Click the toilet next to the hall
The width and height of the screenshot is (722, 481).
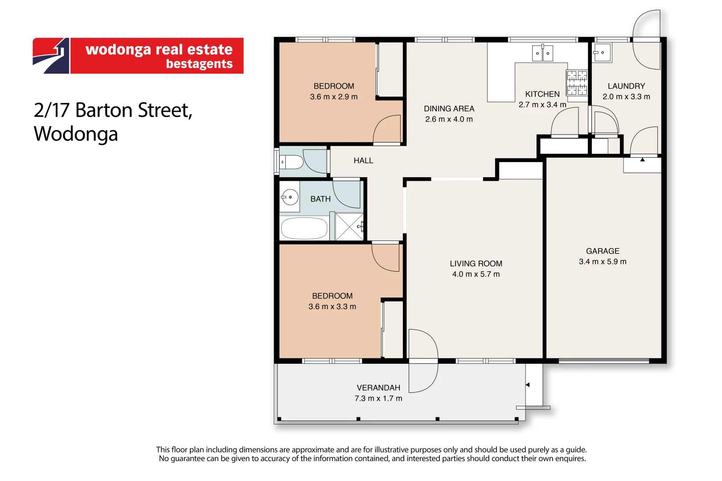[x=293, y=162]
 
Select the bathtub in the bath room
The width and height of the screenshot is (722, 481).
[x=304, y=228]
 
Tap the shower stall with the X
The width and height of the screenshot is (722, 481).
[x=349, y=227]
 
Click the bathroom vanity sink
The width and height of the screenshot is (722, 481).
[x=290, y=197]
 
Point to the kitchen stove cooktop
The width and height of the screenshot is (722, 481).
[x=577, y=83]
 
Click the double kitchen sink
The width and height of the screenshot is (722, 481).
[x=542, y=53]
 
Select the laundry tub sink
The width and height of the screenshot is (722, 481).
[x=602, y=53]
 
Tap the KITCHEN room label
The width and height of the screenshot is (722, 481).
[x=542, y=94]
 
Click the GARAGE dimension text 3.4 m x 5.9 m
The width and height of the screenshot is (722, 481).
[x=603, y=262]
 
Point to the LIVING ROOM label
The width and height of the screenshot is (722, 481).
[x=476, y=264]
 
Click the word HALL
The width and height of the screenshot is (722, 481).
[x=363, y=161]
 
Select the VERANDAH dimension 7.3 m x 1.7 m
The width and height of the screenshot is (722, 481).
[x=378, y=399]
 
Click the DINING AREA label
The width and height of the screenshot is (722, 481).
[x=449, y=109]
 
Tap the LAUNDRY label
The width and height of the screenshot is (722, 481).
[x=626, y=86]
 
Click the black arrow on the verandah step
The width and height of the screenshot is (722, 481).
[x=527, y=385]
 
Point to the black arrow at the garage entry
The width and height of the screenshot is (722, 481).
[x=642, y=159]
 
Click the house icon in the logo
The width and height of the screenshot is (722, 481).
[x=51, y=56]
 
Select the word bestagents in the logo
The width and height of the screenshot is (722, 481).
[x=199, y=64]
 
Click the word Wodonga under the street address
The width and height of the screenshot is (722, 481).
[x=76, y=134]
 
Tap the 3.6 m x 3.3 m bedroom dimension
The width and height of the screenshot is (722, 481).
[x=332, y=307]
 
